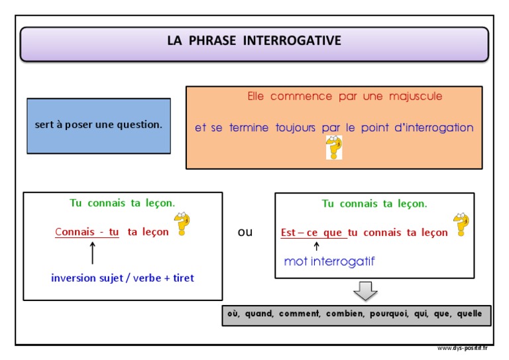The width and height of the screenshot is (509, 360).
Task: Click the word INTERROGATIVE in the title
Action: coord(292,40)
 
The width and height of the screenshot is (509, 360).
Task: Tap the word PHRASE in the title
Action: coord(212,40)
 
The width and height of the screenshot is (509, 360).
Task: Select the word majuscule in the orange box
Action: coord(416,96)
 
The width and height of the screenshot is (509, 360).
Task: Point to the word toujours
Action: coord(296,127)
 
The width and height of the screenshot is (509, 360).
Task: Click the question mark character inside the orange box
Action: coord(334,148)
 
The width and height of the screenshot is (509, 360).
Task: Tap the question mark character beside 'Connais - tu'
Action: coord(182,223)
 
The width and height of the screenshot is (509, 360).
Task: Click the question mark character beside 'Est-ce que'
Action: coord(461,225)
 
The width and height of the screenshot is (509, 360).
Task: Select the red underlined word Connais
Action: coord(75,232)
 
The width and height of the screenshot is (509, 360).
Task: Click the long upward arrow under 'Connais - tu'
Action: coord(93,253)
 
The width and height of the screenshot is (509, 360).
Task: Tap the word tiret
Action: coord(184,278)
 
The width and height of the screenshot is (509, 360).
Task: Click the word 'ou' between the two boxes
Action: coord(245,232)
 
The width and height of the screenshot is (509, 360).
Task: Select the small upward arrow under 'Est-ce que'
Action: coord(317,247)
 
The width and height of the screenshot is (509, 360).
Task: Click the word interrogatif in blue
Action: coord(343,261)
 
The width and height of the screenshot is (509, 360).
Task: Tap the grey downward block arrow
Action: coord(365,291)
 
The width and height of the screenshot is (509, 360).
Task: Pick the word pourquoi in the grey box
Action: coord(389,314)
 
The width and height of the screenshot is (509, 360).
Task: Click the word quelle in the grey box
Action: coord(469,314)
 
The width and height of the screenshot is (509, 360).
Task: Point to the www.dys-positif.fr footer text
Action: coord(462,348)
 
